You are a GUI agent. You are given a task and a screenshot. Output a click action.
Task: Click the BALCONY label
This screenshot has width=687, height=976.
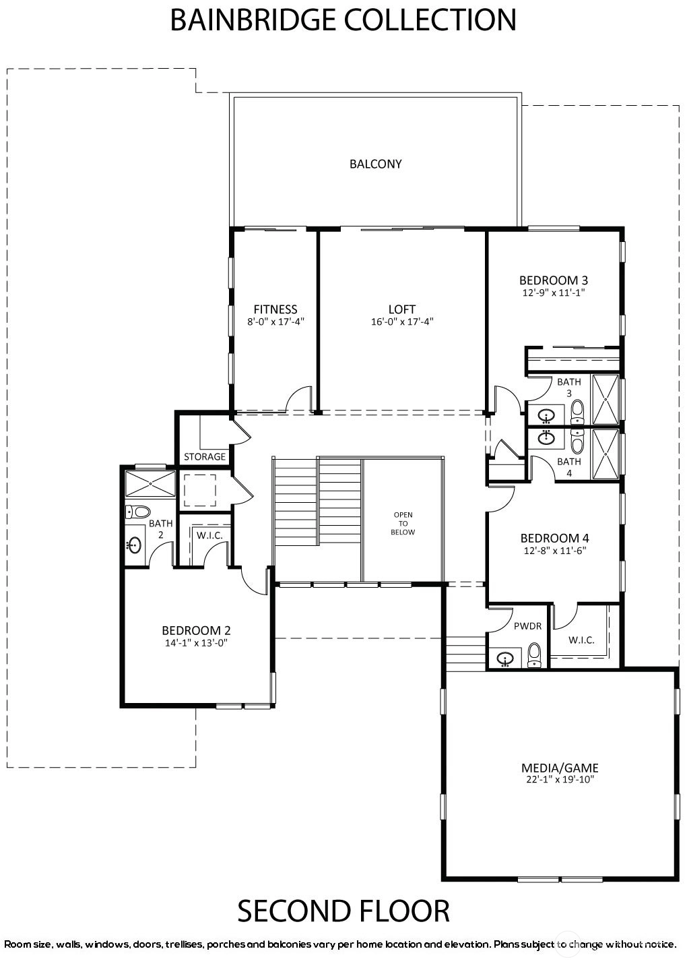pyautogui.click(x=375, y=164)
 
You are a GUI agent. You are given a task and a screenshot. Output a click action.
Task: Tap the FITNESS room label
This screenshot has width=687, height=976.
pyautogui.click(x=275, y=309)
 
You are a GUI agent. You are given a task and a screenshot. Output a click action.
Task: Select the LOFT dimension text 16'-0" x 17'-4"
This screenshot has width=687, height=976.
pyautogui.click(x=402, y=322)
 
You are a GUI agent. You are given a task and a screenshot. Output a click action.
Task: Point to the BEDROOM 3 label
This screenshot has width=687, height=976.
pyautogui.click(x=554, y=280)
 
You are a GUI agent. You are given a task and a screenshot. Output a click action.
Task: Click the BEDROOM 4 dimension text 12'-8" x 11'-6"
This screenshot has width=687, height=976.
pyautogui.click(x=554, y=550)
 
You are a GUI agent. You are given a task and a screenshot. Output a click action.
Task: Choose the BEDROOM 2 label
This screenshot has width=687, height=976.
pyautogui.click(x=196, y=630)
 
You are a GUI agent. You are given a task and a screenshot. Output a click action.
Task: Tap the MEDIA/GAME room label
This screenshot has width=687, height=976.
pyautogui.click(x=560, y=768)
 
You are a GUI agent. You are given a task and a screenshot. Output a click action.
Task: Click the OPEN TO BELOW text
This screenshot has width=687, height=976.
pyautogui.click(x=403, y=523)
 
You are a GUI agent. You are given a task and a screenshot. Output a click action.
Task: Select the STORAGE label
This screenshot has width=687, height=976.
pyautogui.click(x=205, y=456)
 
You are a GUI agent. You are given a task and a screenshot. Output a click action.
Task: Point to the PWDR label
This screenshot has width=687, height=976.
pyautogui.click(x=527, y=626)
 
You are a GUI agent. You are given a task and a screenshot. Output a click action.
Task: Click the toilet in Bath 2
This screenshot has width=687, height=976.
pyautogui.click(x=137, y=512)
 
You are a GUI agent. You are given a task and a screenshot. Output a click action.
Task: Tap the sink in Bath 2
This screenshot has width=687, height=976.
pyautogui.click(x=135, y=545)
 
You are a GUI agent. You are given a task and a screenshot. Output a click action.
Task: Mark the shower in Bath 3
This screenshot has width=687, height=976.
pyautogui.click(x=606, y=400)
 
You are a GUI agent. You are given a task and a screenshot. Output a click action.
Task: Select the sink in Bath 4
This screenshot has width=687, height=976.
pyautogui.click(x=546, y=437)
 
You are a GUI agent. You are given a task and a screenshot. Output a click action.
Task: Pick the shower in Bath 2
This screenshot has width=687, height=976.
pyautogui.click(x=150, y=483)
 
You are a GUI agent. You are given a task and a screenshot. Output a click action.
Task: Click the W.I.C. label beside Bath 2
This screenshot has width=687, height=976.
pyautogui.click(x=209, y=535)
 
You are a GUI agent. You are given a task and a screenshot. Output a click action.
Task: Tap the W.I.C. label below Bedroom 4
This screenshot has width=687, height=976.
pyautogui.click(x=581, y=640)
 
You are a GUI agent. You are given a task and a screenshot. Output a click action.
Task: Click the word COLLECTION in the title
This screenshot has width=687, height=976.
pyautogui.click(x=430, y=20)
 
